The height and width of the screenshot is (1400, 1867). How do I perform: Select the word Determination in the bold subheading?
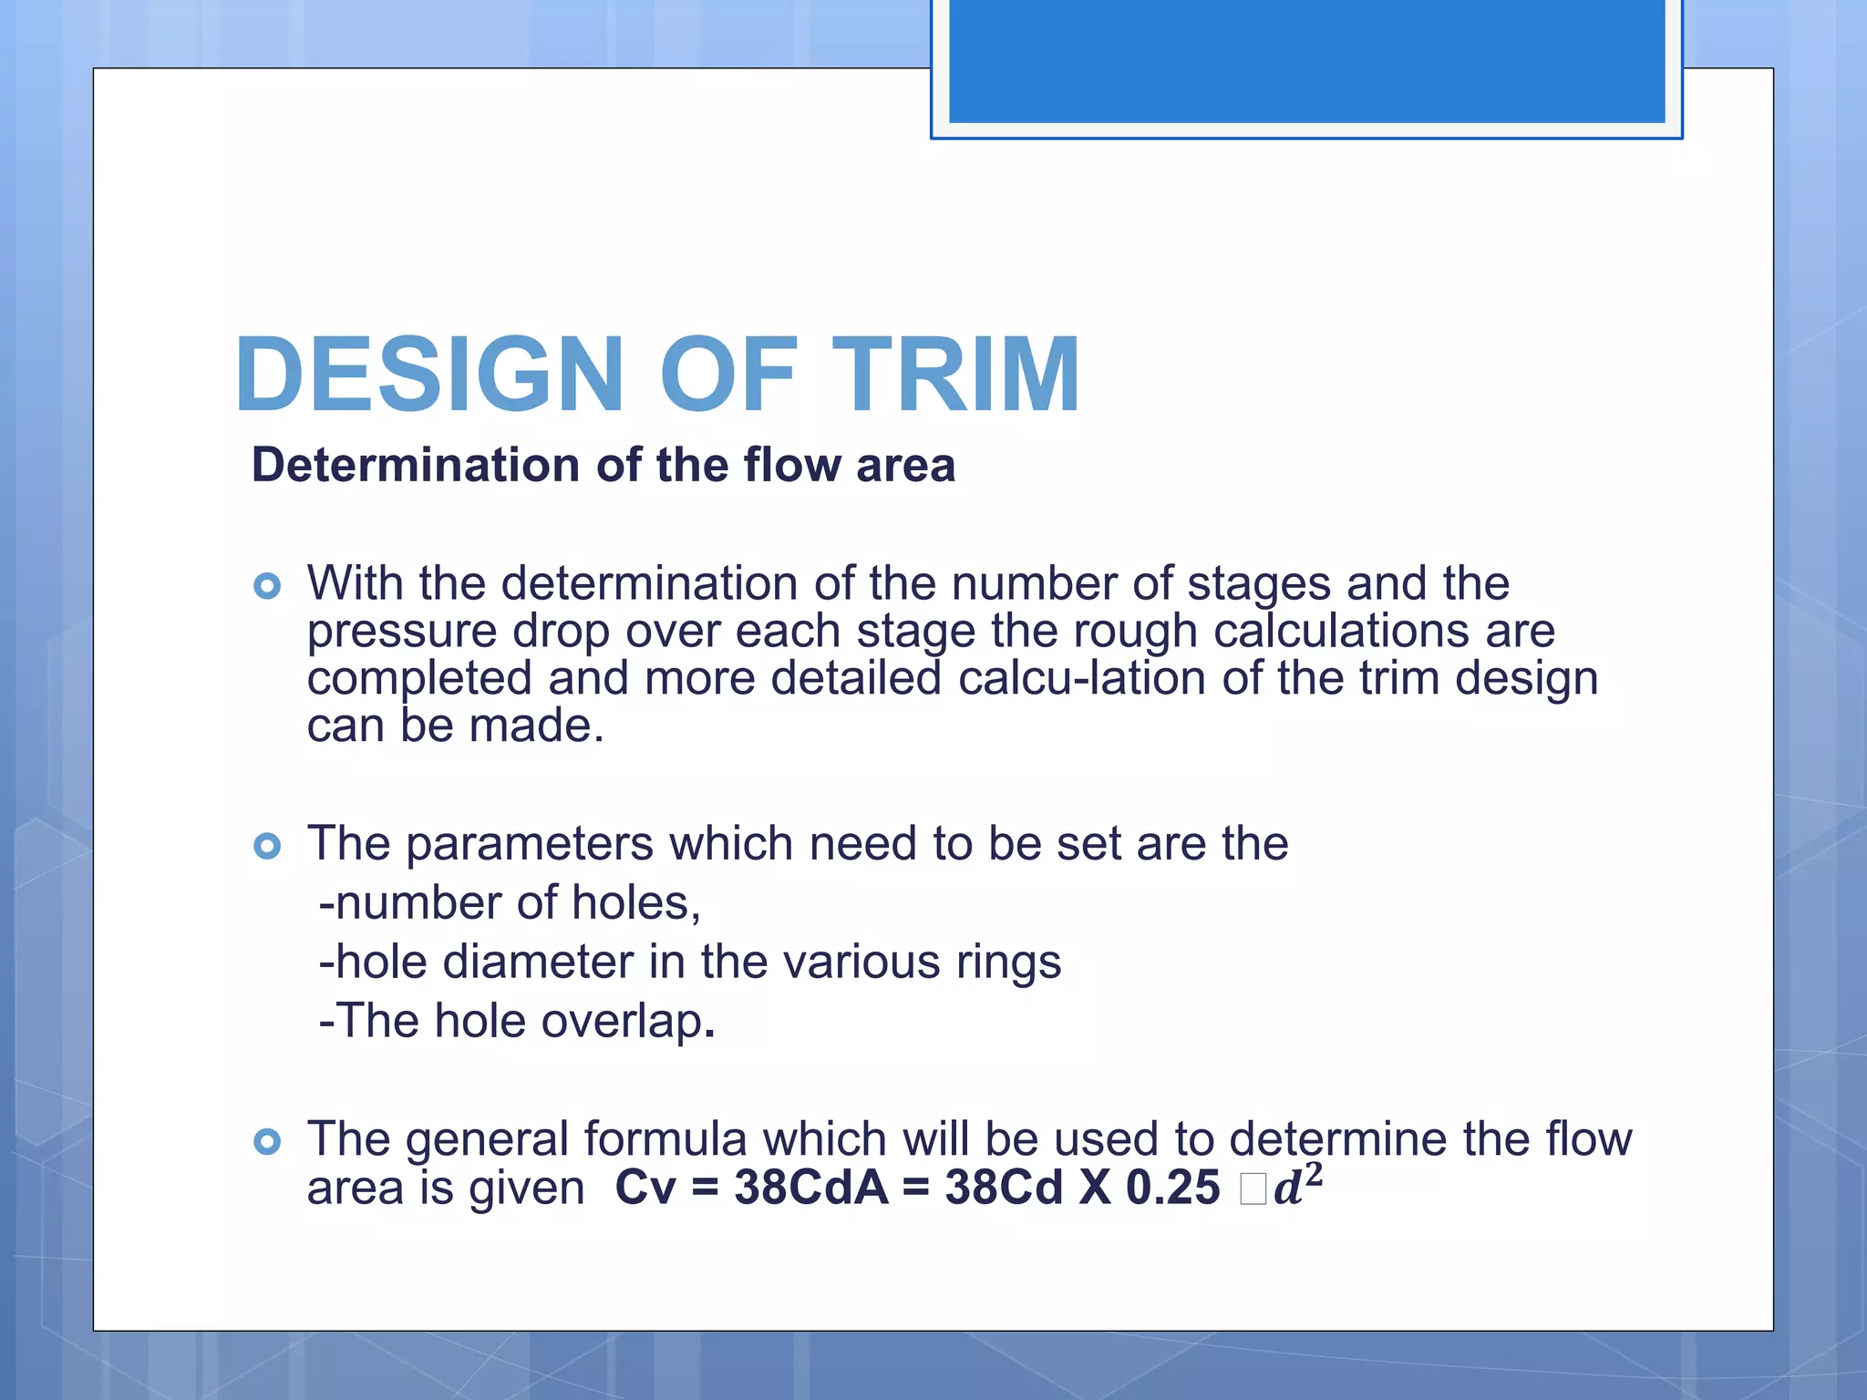(x=416, y=465)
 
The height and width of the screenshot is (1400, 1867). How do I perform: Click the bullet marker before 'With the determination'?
(x=267, y=585)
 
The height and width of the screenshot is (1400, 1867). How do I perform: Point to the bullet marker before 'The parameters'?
(x=267, y=846)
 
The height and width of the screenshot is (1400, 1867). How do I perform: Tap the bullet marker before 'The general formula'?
(x=267, y=1141)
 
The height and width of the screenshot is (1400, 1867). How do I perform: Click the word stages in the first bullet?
(x=1259, y=584)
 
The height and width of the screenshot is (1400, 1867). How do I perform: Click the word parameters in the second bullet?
(x=529, y=844)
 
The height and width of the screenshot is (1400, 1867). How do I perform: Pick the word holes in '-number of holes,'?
(x=636, y=903)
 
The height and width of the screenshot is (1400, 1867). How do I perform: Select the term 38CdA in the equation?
(x=810, y=1188)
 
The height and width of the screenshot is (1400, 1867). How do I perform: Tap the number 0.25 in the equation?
(x=1172, y=1188)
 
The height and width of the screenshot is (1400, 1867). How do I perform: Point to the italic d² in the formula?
(x=1297, y=1185)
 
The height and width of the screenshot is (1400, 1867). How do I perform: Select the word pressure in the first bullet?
(x=401, y=632)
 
